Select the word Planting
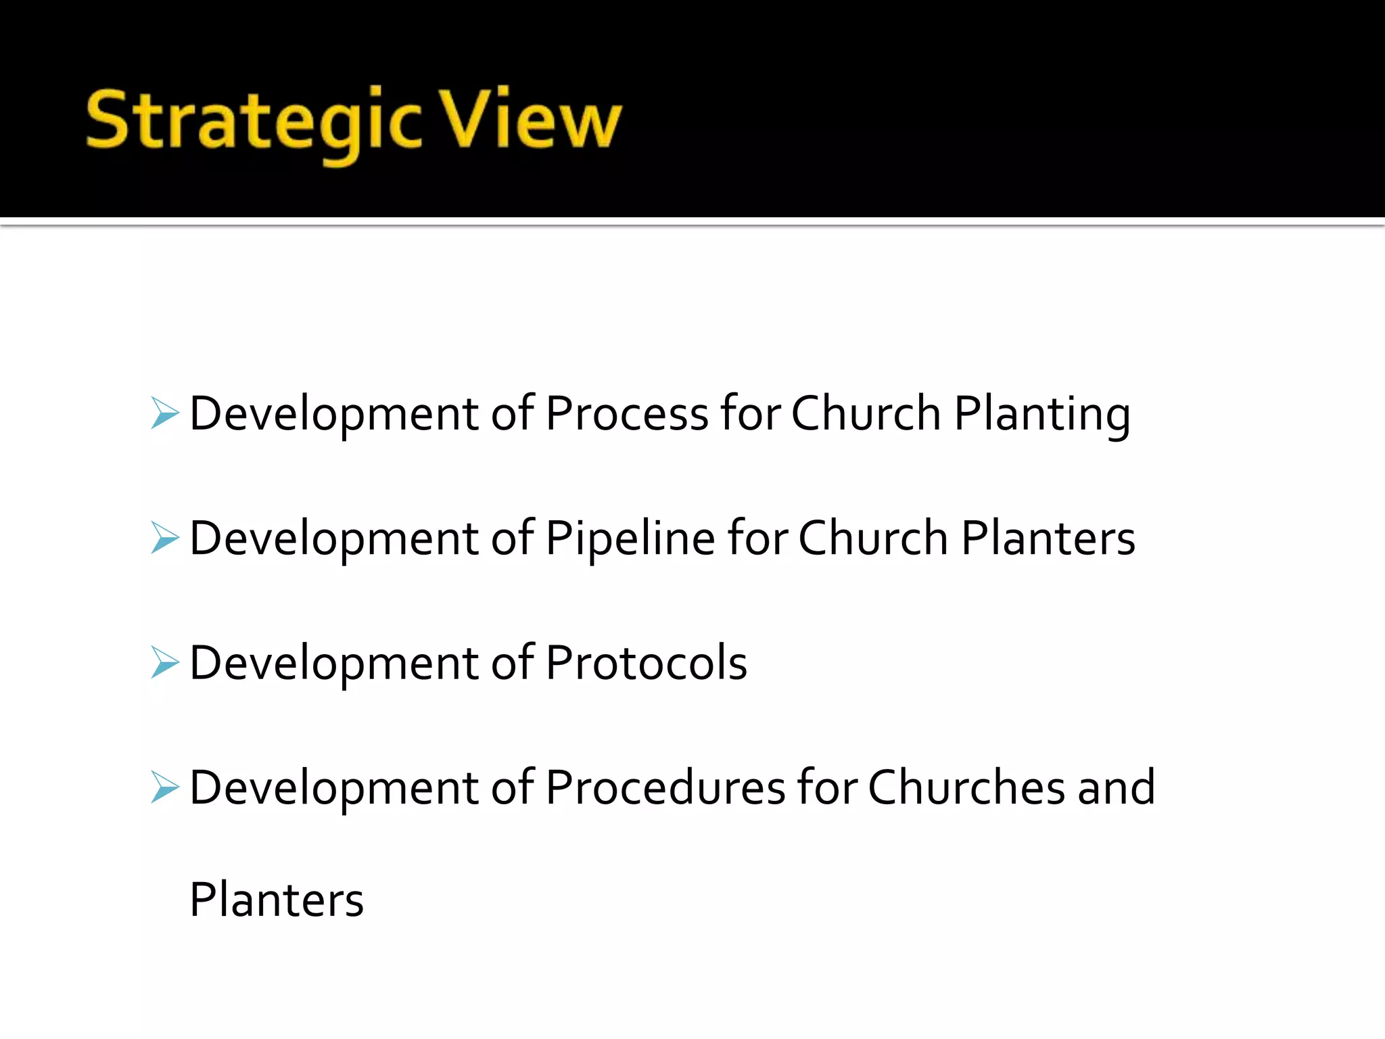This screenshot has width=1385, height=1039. (x=1041, y=415)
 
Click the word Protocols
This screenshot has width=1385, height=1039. (x=646, y=663)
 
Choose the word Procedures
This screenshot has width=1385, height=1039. (x=665, y=787)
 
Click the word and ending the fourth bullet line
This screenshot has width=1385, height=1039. (x=1117, y=787)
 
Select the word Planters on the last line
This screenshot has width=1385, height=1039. (x=277, y=900)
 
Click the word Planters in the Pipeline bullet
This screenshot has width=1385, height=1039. (x=1048, y=538)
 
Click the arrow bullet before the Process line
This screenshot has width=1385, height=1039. (x=165, y=413)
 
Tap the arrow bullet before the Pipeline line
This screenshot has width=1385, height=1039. (x=165, y=538)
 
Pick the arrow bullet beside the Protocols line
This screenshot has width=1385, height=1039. (x=165, y=662)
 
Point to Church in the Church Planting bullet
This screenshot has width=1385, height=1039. (x=866, y=413)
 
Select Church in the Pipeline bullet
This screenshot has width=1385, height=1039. (x=873, y=538)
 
